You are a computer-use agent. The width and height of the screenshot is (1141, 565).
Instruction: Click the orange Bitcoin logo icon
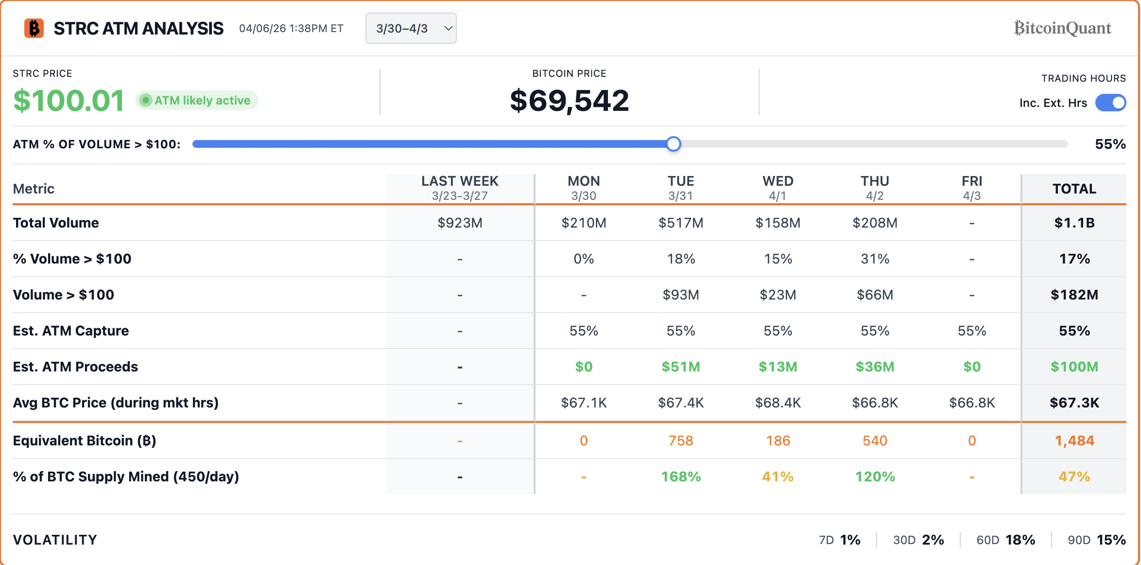pos(34,28)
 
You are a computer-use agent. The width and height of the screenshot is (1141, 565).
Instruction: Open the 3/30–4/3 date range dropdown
pos(411,28)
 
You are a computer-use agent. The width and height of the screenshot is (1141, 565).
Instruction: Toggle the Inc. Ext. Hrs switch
pos(1110,103)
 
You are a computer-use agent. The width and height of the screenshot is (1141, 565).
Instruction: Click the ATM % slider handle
pos(674,144)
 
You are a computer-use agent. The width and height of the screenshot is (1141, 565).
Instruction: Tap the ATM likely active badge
pos(197,101)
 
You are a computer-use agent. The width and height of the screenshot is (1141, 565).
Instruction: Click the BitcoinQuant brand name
pos(1062,28)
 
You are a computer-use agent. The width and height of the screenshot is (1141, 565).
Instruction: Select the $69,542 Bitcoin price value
pos(569,101)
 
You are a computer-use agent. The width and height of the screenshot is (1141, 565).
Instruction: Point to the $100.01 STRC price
pos(69,101)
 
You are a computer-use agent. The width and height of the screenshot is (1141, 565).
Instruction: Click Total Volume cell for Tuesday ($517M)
pos(680,223)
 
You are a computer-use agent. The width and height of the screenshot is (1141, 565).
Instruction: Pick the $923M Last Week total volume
pos(460,223)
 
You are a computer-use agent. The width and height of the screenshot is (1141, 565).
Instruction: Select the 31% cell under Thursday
pos(875,259)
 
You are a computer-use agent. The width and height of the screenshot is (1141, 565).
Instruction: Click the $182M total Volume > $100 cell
pos(1074,295)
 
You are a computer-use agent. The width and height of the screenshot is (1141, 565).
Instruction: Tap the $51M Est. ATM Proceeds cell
pos(680,367)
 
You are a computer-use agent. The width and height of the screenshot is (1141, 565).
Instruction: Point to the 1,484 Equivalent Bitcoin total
pos(1074,441)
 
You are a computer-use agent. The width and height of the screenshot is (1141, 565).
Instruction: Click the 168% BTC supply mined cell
pos(680,477)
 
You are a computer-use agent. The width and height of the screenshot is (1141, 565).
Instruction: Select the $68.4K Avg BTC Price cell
pos(778,403)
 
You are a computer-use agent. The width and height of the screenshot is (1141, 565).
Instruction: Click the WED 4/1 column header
pos(778,188)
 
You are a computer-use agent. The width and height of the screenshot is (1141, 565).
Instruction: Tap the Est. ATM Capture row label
pos(71,331)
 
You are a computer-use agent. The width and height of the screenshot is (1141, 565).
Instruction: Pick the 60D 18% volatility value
pos(1020,540)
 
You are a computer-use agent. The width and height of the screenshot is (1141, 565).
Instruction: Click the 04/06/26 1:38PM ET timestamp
pos(291,28)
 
